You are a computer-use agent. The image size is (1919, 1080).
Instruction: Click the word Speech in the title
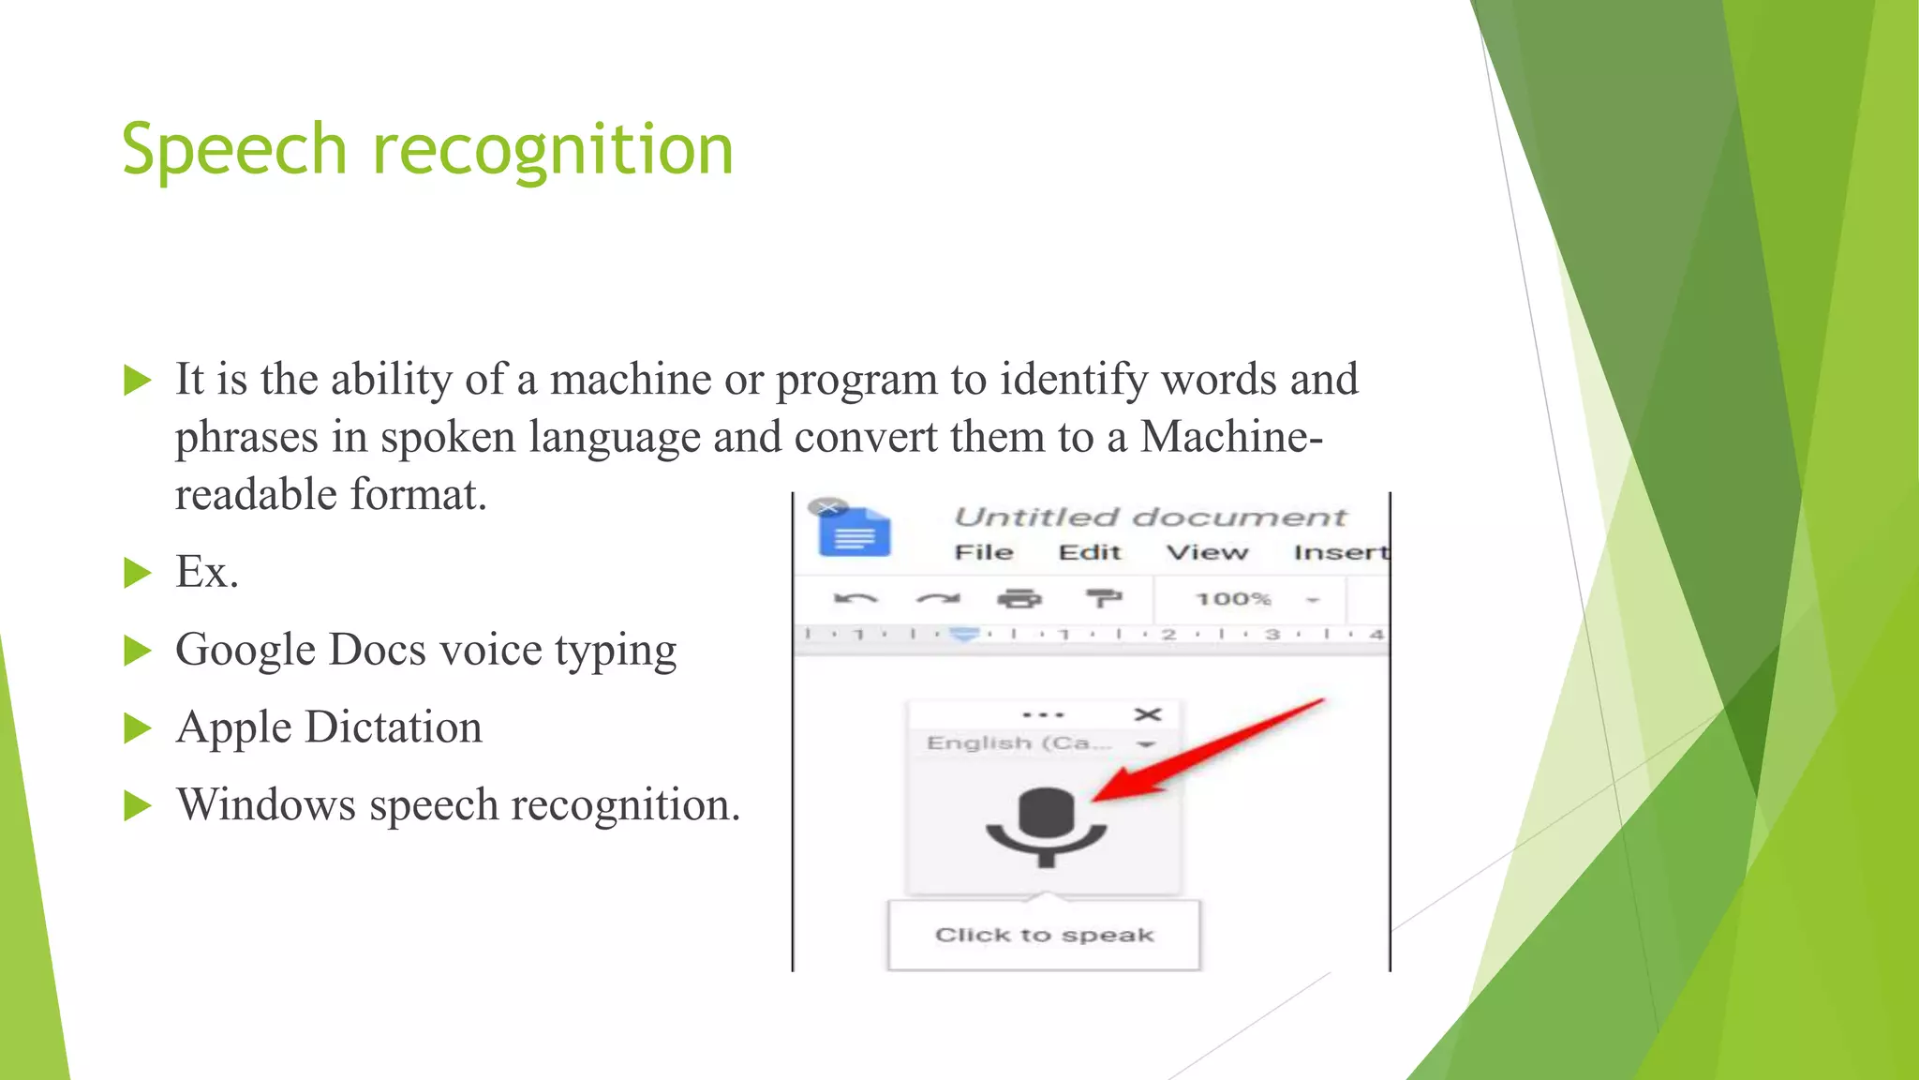coord(234,150)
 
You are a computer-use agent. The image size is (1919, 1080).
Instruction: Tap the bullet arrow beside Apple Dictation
coord(137,728)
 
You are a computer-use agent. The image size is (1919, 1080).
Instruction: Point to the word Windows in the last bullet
coord(266,804)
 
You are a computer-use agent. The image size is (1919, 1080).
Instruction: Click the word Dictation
coord(394,727)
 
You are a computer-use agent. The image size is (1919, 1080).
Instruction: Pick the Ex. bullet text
coord(207,572)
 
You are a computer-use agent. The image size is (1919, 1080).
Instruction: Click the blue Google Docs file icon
coord(855,532)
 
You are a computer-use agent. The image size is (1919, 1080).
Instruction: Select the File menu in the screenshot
coord(984,552)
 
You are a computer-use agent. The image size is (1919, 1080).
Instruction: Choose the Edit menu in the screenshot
coord(1090,552)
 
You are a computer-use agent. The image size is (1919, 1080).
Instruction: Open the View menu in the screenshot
coord(1207,552)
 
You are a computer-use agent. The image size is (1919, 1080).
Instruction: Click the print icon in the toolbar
coord(1019,598)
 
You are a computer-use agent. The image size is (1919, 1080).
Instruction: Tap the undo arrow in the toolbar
coord(855,598)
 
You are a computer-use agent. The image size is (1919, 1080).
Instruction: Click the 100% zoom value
coord(1233,598)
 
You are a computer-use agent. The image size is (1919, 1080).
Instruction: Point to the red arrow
coord(1209,750)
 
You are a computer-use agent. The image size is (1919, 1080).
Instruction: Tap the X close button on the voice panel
coord(1148,714)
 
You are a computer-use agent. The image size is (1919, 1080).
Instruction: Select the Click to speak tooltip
coord(1044,935)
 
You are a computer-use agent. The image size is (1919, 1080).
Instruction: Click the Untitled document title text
coord(1150,517)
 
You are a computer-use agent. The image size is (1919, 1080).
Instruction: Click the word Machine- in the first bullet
coord(1230,437)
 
